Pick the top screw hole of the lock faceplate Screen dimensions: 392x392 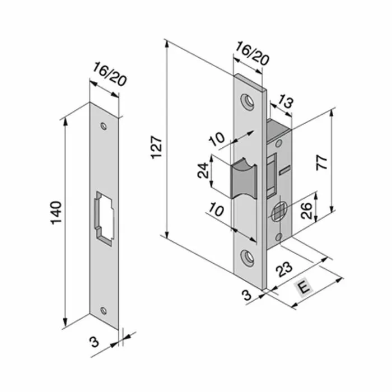(247, 100)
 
